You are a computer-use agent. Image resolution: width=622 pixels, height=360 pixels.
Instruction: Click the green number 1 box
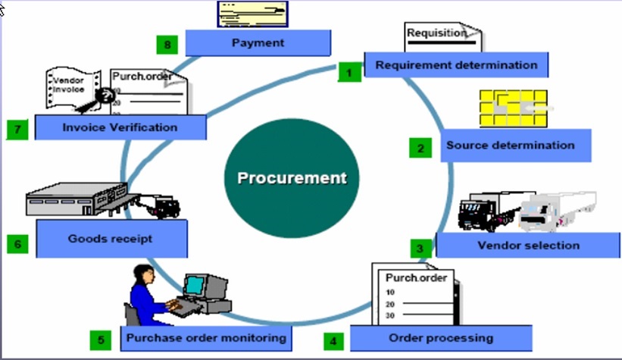pos(349,73)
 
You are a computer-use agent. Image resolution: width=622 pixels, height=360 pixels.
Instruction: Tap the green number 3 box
pos(420,248)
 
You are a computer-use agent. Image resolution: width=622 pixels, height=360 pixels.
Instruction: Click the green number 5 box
pos(102,340)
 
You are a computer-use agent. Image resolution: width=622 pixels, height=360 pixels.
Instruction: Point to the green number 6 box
pos(17,243)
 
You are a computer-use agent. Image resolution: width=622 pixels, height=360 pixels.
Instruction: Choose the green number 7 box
pos(17,130)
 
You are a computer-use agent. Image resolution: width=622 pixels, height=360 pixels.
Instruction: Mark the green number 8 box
pos(167,44)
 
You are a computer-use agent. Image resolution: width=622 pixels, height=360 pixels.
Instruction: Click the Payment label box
pos(258,43)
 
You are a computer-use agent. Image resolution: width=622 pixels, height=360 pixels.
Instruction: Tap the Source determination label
pos(510,145)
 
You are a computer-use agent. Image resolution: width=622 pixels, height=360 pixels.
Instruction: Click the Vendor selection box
pos(528,245)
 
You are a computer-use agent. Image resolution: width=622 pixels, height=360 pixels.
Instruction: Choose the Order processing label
pos(440,337)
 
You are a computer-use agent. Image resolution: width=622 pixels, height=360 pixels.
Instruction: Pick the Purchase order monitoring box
pos(206,337)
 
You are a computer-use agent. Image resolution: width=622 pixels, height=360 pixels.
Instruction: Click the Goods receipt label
pos(111,238)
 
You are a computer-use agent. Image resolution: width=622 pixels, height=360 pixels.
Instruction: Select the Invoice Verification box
pos(120,127)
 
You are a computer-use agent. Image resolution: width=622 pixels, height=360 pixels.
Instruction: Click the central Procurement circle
pos(292,179)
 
